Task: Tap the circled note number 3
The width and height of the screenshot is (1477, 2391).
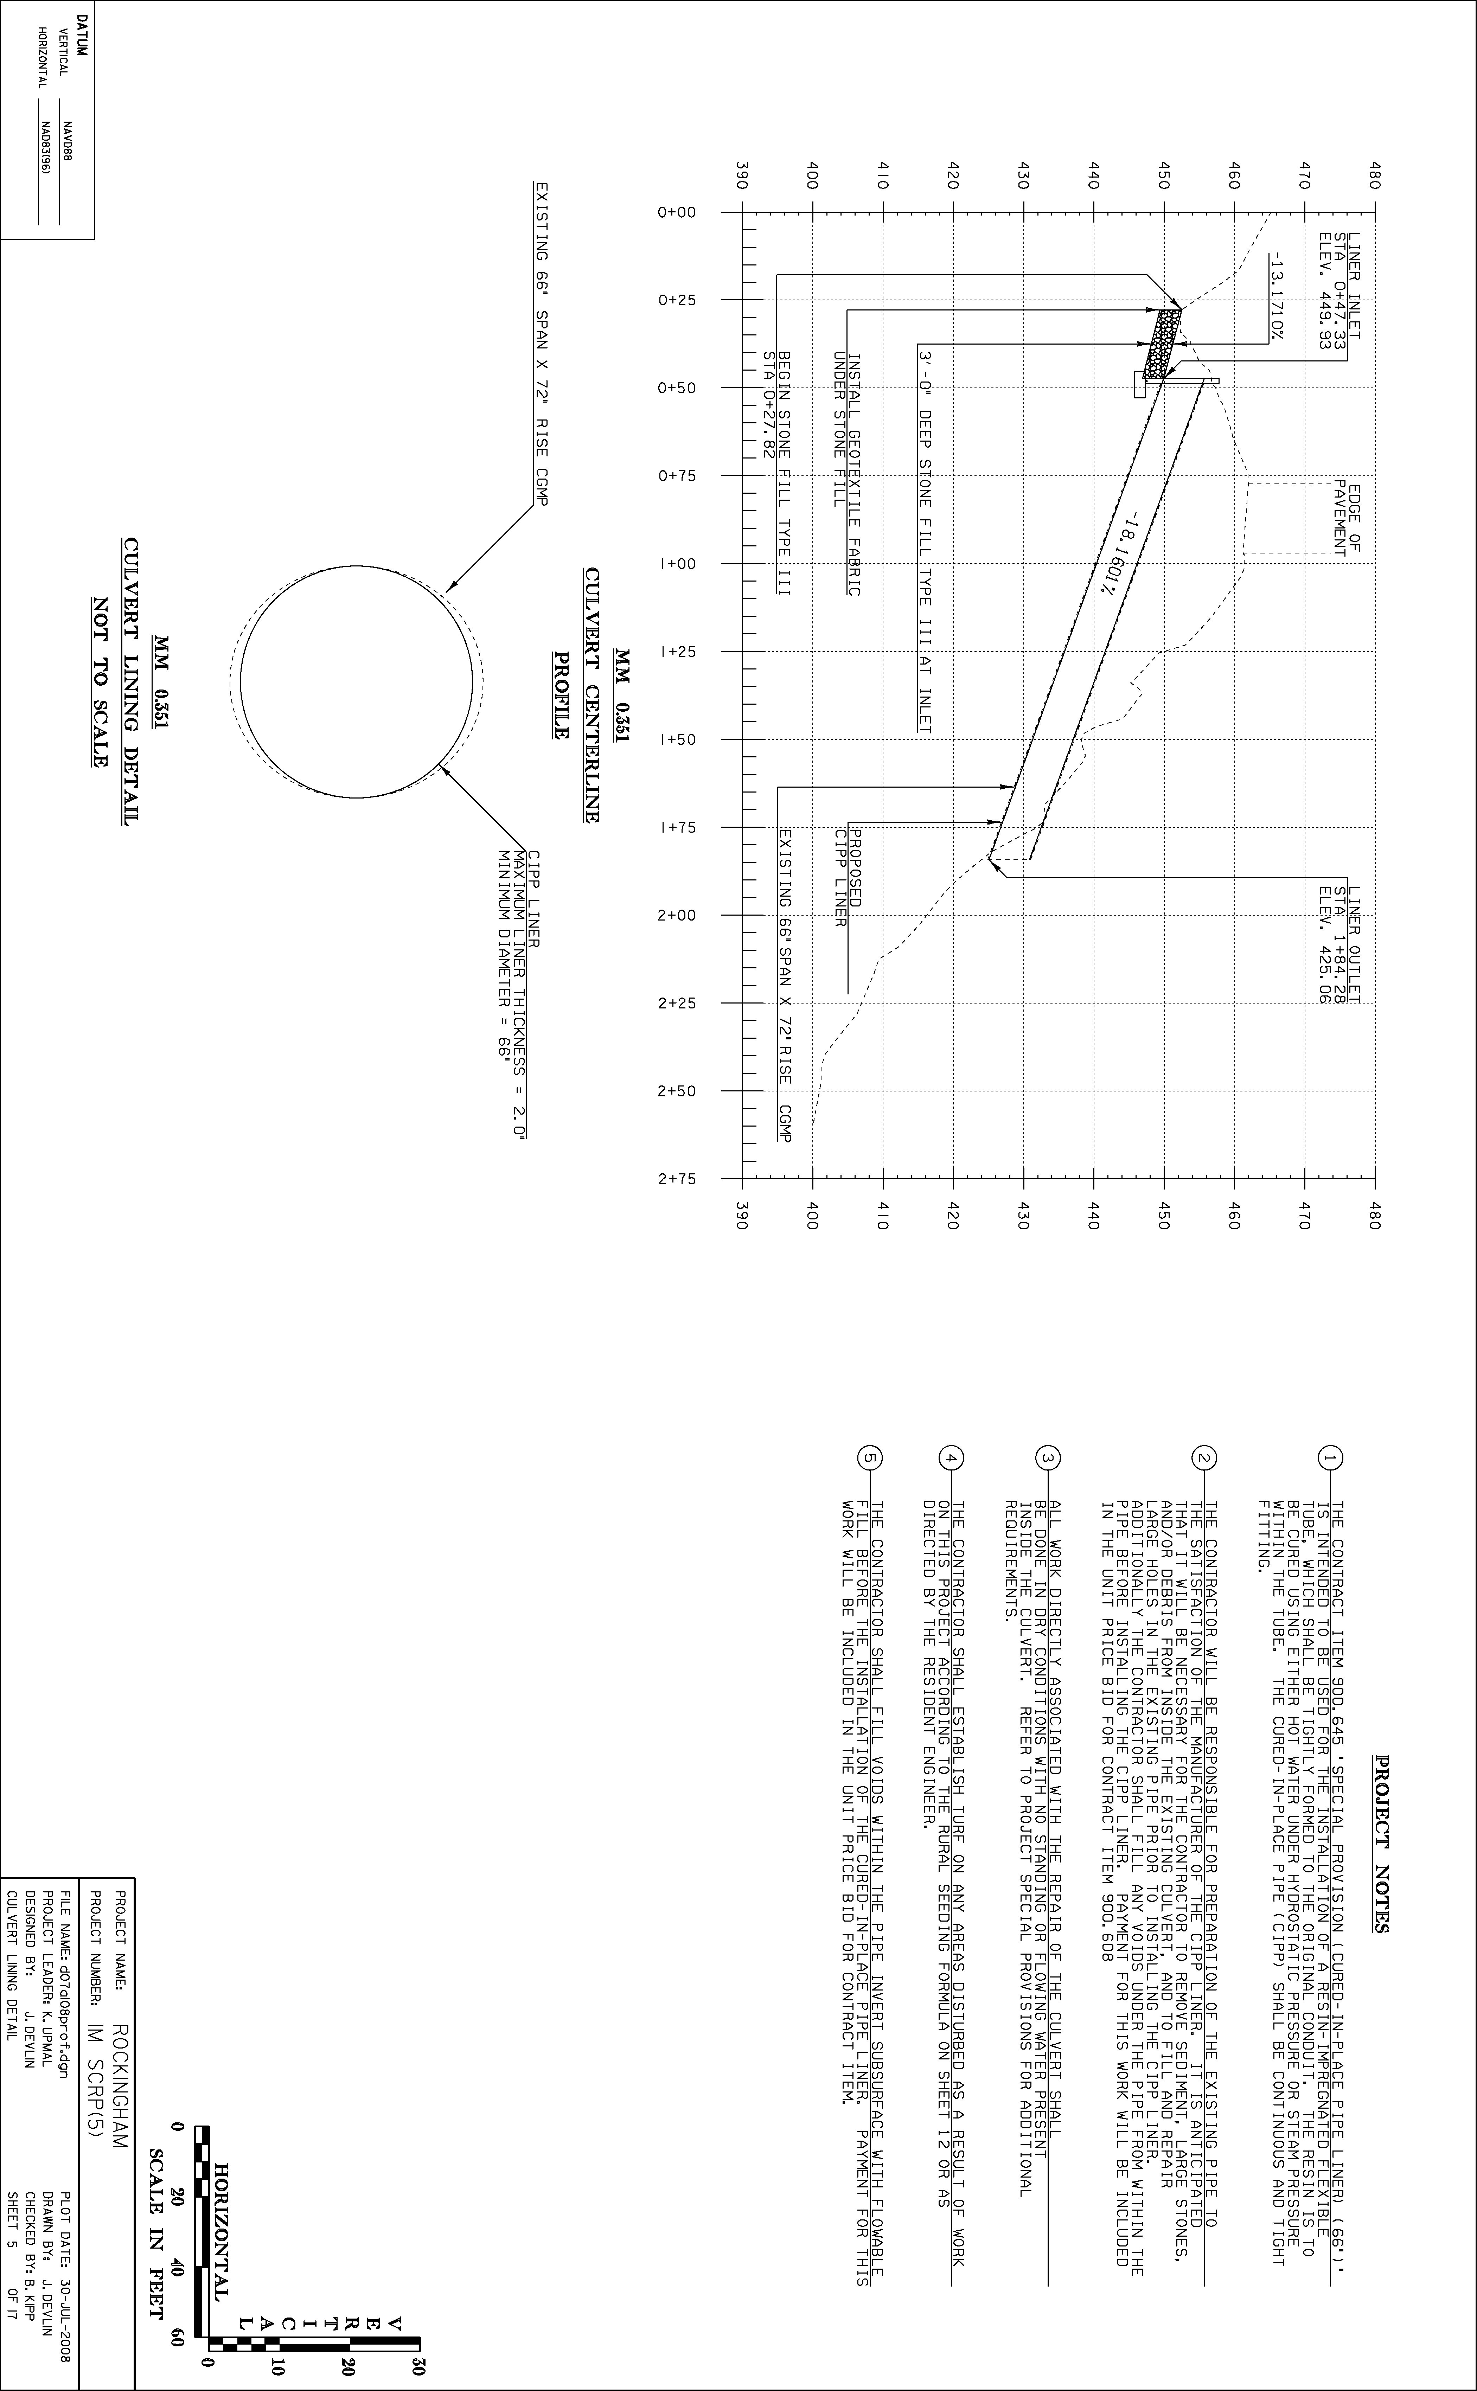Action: pyautogui.click(x=1046, y=1457)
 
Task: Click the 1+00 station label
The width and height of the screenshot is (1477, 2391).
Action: pyautogui.click(x=676, y=564)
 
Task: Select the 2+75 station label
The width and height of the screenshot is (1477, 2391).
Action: pyautogui.click(x=676, y=1179)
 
